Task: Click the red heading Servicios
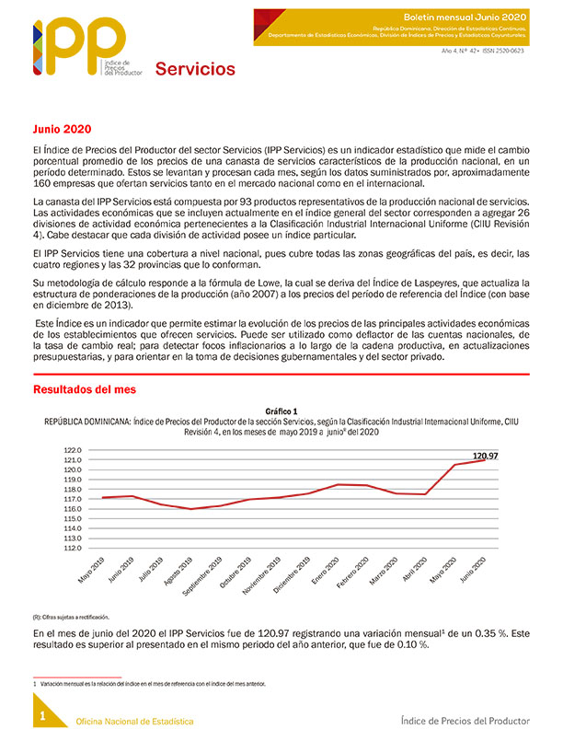pyautogui.click(x=194, y=69)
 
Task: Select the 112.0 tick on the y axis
pyautogui.click(x=73, y=548)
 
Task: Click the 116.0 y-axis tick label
pyautogui.click(x=73, y=509)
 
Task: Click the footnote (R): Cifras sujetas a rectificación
pyautogui.click(x=72, y=617)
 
